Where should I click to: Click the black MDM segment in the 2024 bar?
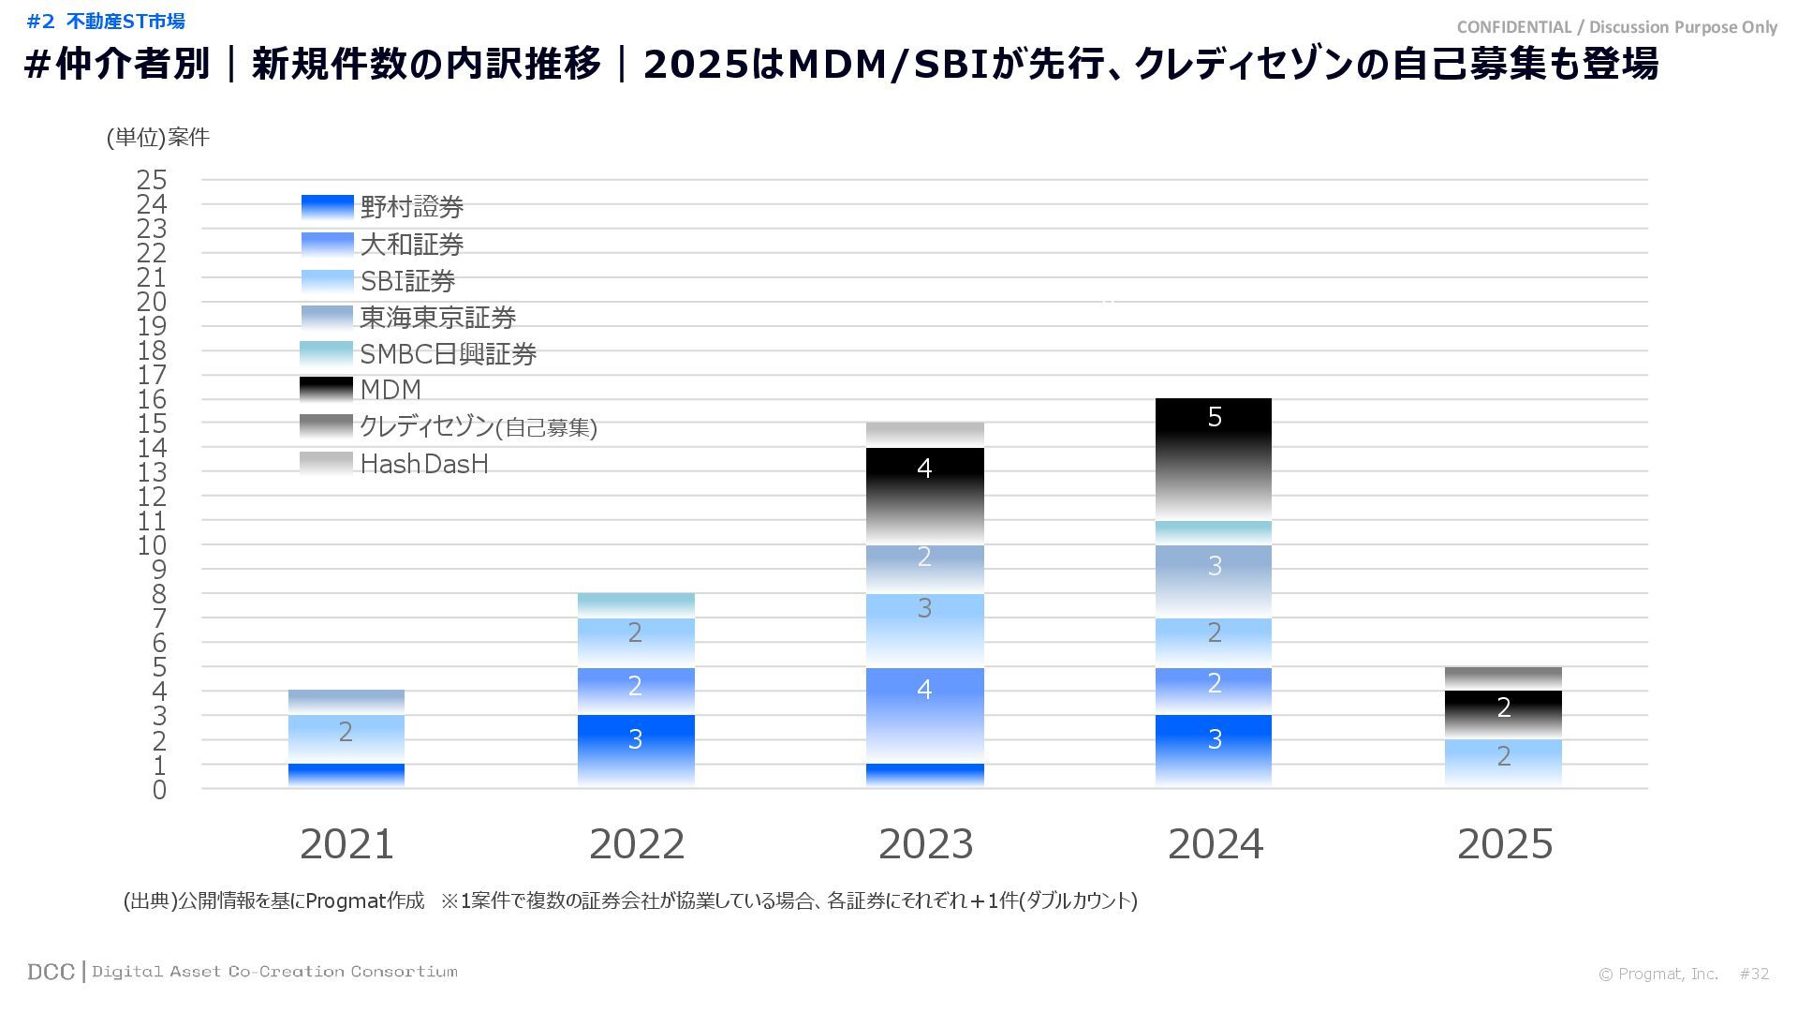[x=1214, y=458]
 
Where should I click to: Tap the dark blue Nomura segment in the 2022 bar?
[x=636, y=750]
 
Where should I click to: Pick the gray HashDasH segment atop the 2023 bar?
[x=924, y=434]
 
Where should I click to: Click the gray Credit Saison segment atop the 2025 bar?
[x=1503, y=678]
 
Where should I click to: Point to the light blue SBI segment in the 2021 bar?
[x=346, y=738]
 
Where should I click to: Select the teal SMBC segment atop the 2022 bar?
[x=636, y=604]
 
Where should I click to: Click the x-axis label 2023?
[x=925, y=844]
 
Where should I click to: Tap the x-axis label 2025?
[x=1504, y=844]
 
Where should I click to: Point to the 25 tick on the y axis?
[x=152, y=179]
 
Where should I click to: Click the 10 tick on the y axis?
[x=152, y=545]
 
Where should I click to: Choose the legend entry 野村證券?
[x=412, y=207]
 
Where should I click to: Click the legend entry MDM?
[x=391, y=390]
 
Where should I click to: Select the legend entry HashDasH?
[x=424, y=464]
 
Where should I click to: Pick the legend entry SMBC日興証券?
[x=448, y=354]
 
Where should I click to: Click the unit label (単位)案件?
[x=158, y=138]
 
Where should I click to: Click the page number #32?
[x=1754, y=974]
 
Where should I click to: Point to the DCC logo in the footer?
[x=51, y=972]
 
